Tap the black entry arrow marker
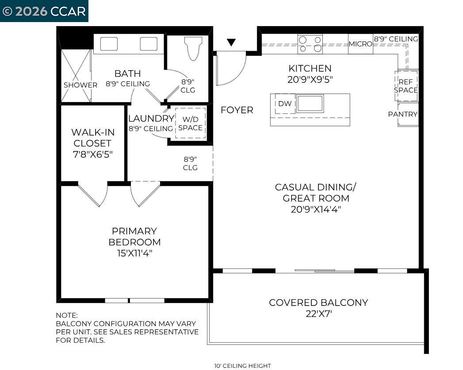coord(231,42)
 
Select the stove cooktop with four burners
coord(310,44)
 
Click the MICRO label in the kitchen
coord(360,44)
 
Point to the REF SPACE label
coord(406,86)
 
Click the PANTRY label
coord(403,114)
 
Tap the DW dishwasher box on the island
coord(285,104)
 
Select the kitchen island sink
coord(310,104)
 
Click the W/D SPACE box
coord(190,123)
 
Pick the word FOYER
coord(237,110)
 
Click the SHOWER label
coord(80,85)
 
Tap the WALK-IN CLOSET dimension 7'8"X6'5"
coord(92,155)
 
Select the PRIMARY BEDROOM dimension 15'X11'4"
coord(134,253)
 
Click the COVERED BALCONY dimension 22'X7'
coord(318,314)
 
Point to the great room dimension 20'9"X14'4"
coord(316,210)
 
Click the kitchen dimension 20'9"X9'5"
coord(310,79)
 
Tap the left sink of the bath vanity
coord(109,44)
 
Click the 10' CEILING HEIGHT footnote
coord(242,366)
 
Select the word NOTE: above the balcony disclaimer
coord(66,315)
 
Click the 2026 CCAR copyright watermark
coord(44,11)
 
